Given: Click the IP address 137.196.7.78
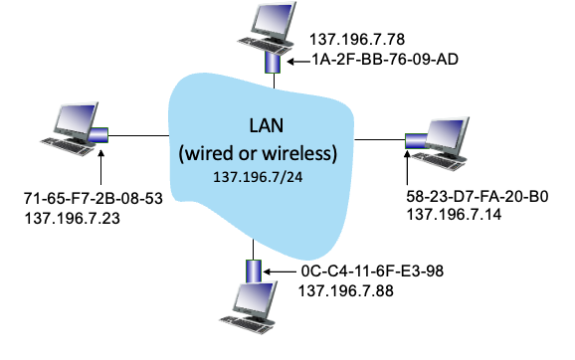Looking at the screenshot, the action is click(357, 39).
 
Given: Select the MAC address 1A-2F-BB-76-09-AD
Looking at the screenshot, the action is click(385, 59).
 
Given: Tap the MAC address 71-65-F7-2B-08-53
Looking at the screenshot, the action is click(94, 198).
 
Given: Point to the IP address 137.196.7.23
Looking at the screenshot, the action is click(73, 219).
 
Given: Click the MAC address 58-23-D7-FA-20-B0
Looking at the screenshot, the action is click(478, 197).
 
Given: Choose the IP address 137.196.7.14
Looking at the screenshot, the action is click(454, 214).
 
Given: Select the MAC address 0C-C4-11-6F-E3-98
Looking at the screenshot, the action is click(372, 271).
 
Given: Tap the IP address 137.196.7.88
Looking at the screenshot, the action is click(346, 291).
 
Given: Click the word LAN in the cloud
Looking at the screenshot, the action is click(267, 125).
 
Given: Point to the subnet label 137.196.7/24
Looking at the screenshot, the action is click(258, 177).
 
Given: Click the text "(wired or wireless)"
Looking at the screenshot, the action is click(258, 153).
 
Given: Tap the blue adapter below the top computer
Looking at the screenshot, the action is click(273, 63).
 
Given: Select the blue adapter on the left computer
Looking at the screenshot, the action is click(97, 135).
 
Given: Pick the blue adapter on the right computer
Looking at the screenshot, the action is click(416, 141).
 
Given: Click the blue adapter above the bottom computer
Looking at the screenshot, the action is click(254, 271).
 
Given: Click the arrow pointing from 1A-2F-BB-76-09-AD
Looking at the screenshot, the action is click(298, 62).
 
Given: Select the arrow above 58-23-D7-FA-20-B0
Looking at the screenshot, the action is click(407, 167).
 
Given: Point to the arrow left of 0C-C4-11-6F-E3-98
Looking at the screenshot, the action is click(280, 271).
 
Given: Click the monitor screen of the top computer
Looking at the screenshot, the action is click(274, 19).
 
